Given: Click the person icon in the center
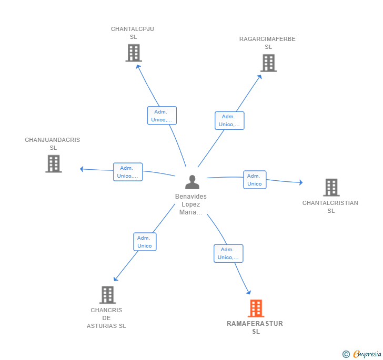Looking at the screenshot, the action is pyautogui.click(x=192, y=182).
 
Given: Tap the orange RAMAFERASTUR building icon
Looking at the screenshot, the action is pyautogui.click(x=256, y=308).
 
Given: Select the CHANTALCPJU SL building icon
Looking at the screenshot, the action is pyautogui.click(x=134, y=53).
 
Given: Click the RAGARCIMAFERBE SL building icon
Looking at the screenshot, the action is pyautogui.click(x=268, y=63).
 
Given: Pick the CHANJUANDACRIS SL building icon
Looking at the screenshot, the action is pyautogui.click(x=54, y=163).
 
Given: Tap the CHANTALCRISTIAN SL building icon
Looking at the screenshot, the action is pyautogui.click(x=331, y=188).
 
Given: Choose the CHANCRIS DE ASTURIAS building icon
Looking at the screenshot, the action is pyautogui.click(x=107, y=295).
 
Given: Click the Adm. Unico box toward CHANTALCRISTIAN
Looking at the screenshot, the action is pyautogui.click(x=255, y=180).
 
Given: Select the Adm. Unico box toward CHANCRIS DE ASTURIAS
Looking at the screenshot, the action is pyautogui.click(x=145, y=242).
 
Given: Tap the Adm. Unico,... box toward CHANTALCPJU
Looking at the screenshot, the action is pyautogui.click(x=162, y=116).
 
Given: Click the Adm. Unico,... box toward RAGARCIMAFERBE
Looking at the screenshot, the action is pyautogui.click(x=229, y=120).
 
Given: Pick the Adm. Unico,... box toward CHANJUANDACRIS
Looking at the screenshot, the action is pyautogui.click(x=128, y=172).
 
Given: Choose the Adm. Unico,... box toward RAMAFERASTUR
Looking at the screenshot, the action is pyautogui.click(x=228, y=253).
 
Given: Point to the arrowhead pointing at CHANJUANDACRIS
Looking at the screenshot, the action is pyautogui.click(x=82, y=169).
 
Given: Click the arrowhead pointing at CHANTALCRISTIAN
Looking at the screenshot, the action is pyautogui.click(x=301, y=182).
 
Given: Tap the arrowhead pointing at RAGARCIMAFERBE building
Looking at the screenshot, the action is pyautogui.click(x=260, y=77).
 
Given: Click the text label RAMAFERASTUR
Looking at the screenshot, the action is pyautogui.click(x=255, y=323).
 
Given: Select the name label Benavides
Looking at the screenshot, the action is pyautogui.click(x=191, y=196).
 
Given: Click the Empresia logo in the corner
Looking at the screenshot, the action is pyautogui.click(x=362, y=354).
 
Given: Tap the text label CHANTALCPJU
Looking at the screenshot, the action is pyautogui.click(x=133, y=29).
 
